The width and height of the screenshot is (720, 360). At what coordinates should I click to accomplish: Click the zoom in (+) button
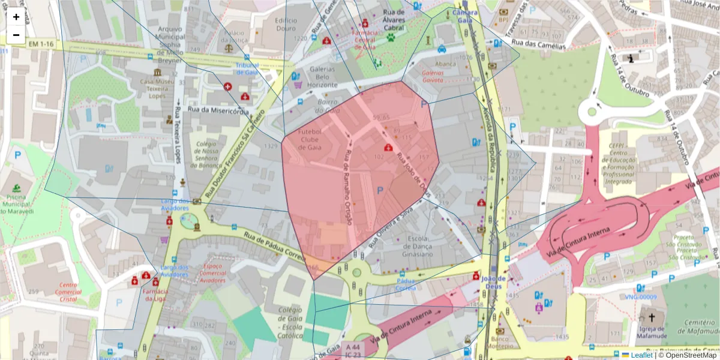click(16, 17)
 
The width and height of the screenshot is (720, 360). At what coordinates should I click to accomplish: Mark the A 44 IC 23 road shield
click(352, 351)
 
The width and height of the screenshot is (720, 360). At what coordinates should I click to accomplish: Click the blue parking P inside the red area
click(379, 190)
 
